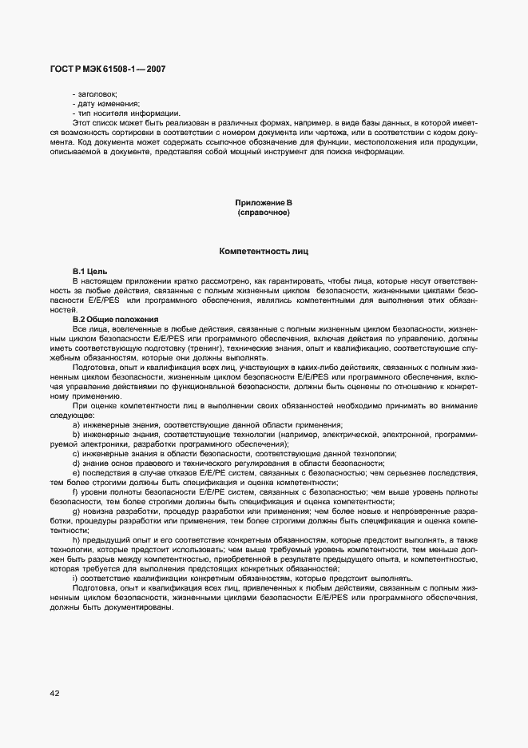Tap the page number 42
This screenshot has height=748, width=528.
click(55, 694)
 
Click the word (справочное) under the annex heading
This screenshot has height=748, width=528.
click(263, 214)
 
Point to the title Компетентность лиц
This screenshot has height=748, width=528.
click(264, 252)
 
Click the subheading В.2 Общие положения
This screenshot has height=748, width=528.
click(115, 320)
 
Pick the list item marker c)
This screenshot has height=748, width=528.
click(76, 453)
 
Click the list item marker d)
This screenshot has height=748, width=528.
click(76, 463)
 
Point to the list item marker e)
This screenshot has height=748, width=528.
click(76, 472)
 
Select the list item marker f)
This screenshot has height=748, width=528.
click(75, 491)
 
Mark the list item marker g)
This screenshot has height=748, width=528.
click(76, 511)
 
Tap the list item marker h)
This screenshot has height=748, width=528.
click(76, 540)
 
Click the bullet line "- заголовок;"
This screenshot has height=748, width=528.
click(94, 93)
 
